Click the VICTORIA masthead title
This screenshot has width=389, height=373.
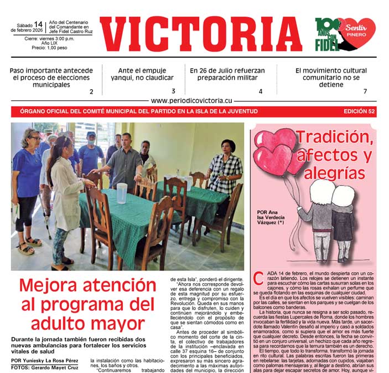[201, 34]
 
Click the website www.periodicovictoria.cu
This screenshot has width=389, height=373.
[191, 101]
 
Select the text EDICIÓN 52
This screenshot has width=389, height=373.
[359, 111]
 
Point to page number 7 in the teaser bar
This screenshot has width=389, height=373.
[365, 91]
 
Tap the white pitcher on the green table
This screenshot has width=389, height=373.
[121, 193]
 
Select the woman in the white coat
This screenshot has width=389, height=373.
[64, 197]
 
